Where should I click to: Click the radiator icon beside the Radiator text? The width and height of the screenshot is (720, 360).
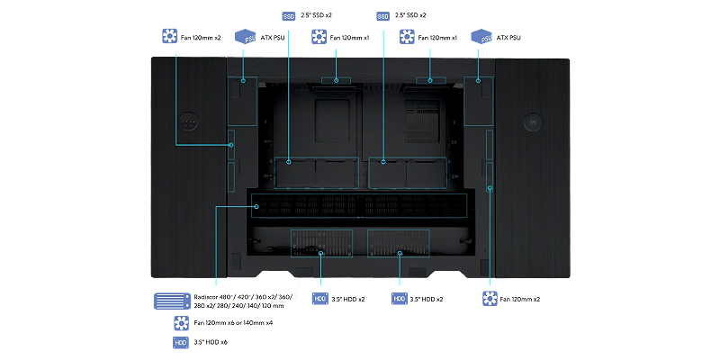171,301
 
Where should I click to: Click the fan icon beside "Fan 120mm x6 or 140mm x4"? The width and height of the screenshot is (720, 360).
180,322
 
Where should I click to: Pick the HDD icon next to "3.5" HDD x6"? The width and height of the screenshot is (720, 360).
180,343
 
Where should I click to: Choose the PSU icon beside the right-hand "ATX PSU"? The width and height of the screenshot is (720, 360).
481,37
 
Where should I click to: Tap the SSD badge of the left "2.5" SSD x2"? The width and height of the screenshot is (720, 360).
288,16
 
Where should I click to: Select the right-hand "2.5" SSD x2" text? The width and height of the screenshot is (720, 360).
412,16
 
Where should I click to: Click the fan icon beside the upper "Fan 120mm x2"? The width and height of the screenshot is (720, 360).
166,38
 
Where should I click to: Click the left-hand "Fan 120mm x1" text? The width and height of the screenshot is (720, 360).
349,38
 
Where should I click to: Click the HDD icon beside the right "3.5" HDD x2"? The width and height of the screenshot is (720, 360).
399,298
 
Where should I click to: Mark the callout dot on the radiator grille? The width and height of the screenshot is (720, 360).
257,206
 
